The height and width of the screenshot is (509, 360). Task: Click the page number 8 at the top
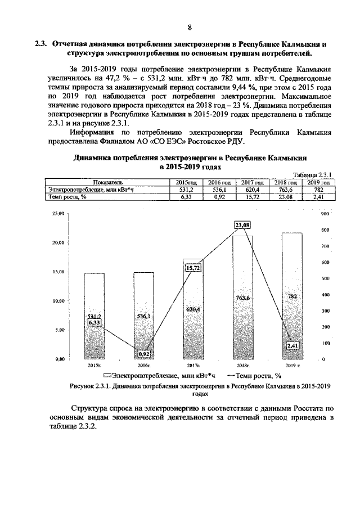coord(189,27)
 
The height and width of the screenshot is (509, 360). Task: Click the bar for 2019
coord(292,304)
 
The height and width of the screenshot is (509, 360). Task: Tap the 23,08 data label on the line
coord(243,225)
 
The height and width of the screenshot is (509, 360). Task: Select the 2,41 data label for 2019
coord(292,345)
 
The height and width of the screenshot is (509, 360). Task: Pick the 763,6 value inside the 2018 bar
coord(243,297)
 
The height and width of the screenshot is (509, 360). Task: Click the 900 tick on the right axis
coord(324,214)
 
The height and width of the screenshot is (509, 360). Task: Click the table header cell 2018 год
coord(286,183)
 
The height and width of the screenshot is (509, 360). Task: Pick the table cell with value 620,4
coord(253,190)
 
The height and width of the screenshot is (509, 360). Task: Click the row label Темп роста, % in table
coord(67,197)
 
